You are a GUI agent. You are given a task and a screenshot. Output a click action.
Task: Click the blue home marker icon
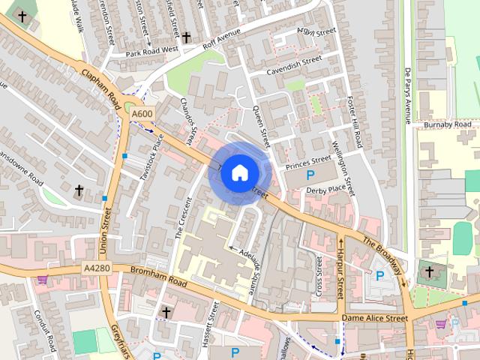239,173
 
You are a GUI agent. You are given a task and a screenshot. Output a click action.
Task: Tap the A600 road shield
142,113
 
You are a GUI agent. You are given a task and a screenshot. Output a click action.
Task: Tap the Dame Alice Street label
374,318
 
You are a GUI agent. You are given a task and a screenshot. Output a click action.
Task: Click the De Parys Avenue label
408,94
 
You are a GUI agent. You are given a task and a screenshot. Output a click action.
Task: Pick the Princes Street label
307,160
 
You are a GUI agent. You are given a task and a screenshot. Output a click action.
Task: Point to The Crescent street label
184,217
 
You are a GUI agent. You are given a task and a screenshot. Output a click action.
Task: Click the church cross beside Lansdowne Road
79,190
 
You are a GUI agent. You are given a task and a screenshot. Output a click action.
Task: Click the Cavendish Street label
295,65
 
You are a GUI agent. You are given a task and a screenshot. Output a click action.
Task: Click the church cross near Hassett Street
166,311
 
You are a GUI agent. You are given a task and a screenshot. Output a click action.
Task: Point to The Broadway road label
383,256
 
